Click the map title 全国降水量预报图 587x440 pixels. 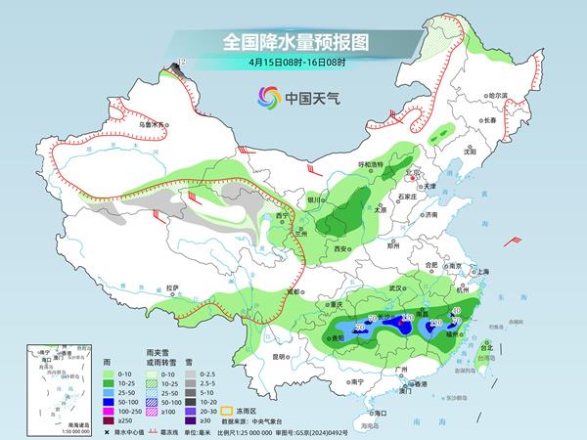(x=293, y=42)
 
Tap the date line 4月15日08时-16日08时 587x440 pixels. (x=293, y=63)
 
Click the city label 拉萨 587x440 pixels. (x=173, y=287)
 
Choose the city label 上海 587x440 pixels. (x=481, y=271)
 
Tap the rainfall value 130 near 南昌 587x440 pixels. (x=408, y=317)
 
